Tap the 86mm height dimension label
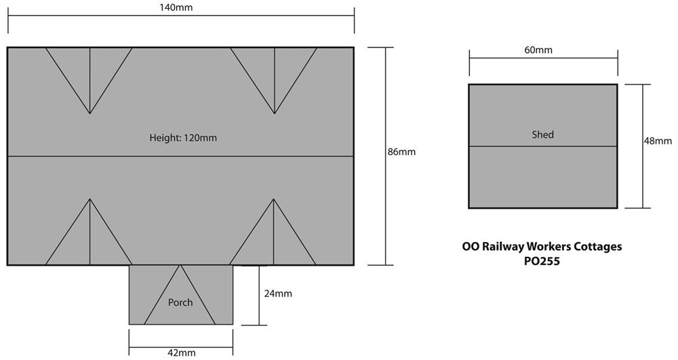click(x=401, y=152)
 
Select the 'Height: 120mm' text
click(x=183, y=138)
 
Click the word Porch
click(x=180, y=302)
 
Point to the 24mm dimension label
click(x=278, y=294)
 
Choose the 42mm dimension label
click(x=181, y=353)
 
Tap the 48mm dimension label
click(x=658, y=141)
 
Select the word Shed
click(x=542, y=135)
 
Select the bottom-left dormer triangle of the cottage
click(x=89, y=241)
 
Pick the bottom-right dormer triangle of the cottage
click(x=274, y=241)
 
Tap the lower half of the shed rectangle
click(x=542, y=178)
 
